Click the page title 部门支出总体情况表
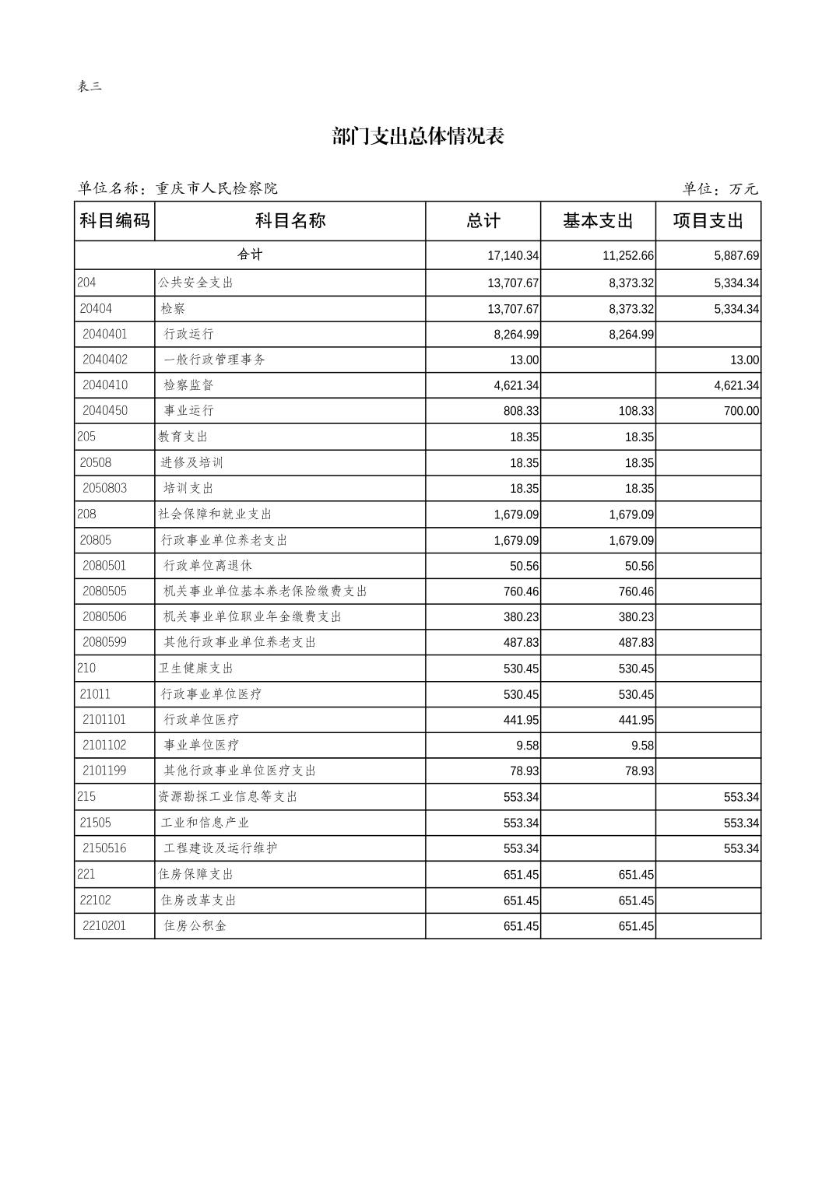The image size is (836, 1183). [418, 136]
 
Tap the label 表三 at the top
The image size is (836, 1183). [90, 86]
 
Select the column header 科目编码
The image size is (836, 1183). [114, 221]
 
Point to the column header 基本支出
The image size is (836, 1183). [598, 221]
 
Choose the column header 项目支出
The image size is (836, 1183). [708, 221]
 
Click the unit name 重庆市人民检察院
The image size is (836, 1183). [216, 188]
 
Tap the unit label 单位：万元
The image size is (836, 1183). [720, 189]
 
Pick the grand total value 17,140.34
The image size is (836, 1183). [513, 255]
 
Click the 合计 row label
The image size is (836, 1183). [250, 255]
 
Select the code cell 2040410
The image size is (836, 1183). [105, 385]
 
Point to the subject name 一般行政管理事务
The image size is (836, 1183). [215, 360]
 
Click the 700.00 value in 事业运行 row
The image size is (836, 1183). [741, 411]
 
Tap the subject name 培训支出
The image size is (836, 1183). [188, 488]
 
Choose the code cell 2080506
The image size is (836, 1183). [104, 616]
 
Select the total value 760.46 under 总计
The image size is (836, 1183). [521, 591]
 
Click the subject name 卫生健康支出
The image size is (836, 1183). [196, 669]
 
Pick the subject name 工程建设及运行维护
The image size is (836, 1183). [220, 848]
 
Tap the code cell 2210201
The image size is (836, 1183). [104, 925]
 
